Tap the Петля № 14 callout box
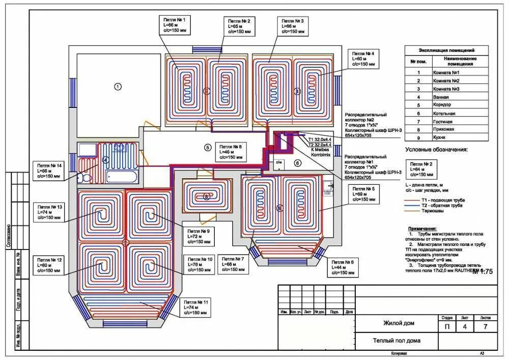[x=49, y=171]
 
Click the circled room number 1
[x=118, y=87]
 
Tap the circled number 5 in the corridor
[x=207, y=148]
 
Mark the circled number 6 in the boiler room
[x=298, y=163]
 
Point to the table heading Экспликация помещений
[x=446, y=51]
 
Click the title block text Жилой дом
[x=399, y=323]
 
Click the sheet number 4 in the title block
[x=465, y=326]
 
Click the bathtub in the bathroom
[x=122, y=177]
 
